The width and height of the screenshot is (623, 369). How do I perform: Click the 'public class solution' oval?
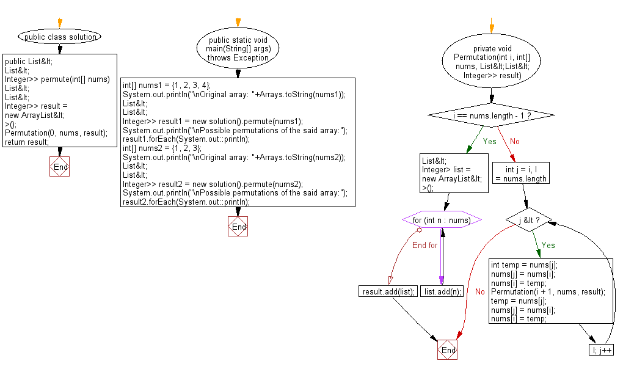(x=60, y=37)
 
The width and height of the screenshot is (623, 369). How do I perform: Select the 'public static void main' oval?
(x=238, y=49)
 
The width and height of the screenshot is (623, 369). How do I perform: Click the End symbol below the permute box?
(x=60, y=167)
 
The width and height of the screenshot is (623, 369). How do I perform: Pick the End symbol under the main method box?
(x=238, y=227)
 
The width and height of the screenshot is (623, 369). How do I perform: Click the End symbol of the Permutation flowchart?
(x=448, y=350)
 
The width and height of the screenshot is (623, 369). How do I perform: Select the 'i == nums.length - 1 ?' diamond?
(x=492, y=115)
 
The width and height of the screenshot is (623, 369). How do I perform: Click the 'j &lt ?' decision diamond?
(x=527, y=220)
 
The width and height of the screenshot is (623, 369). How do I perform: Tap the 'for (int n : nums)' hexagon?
(x=442, y=220)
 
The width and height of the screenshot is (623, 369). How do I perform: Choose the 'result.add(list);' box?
(x=388, y=291)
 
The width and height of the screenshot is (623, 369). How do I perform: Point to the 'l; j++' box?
(x=601, y=350)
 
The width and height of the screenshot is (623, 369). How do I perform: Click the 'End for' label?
(x=424, y=245)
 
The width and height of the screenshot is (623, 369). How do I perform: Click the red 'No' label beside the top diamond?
(x=515, y=141)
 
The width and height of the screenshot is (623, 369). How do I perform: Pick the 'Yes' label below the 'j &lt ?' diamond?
(x=548, y=245)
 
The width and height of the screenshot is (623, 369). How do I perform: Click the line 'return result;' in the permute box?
(x=26, y=142)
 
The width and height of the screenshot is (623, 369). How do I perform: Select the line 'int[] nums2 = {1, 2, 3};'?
(x=164, y=148)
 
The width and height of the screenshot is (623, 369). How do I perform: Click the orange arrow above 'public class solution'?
(x=60, y=23)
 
